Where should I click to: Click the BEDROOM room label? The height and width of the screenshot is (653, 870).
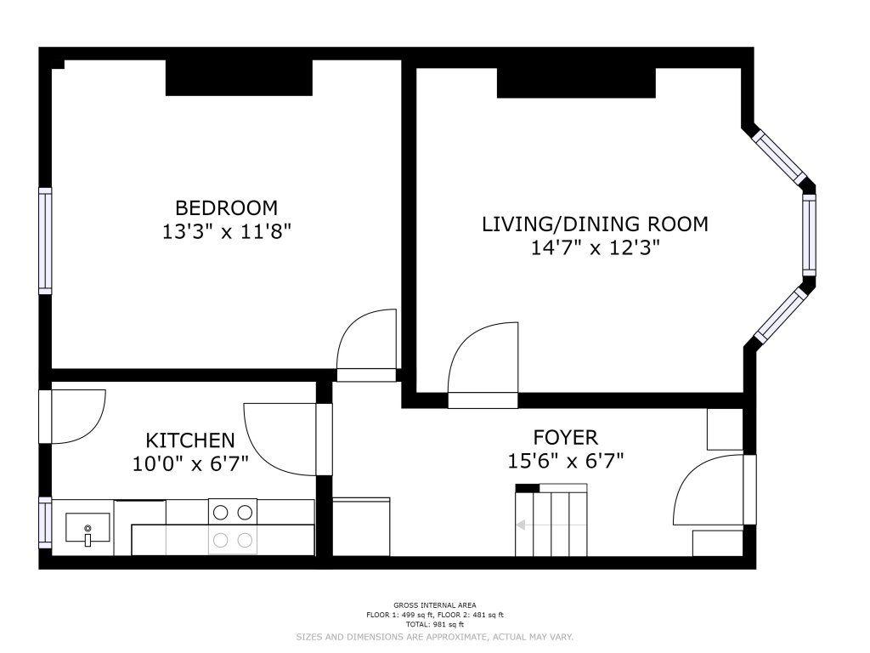[226, 207]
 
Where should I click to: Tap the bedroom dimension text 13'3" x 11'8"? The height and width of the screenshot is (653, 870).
[226, 231]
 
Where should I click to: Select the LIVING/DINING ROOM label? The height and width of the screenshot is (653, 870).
[595, 224]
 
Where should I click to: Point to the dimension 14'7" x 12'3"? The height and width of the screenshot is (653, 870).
[595, 247]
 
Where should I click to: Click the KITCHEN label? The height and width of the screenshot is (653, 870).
[190, 440]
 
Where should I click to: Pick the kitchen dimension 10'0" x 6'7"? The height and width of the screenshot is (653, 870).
[190, 463]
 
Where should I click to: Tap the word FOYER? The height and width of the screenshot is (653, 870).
[565, 438]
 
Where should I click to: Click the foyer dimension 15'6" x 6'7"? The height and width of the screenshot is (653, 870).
[565, 460]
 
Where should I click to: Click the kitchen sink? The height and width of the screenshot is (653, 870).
[88, 528]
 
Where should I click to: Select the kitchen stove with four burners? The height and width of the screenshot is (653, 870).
[233, 526]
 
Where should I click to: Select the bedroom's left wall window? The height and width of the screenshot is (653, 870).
[45, 241]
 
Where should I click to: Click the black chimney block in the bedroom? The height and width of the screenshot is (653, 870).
[239, 77]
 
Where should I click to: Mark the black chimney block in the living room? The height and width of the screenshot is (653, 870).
[577, 82]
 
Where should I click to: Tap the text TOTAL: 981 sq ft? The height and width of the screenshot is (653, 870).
[435, 624]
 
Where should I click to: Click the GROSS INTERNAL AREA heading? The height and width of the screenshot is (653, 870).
[435, 605]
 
